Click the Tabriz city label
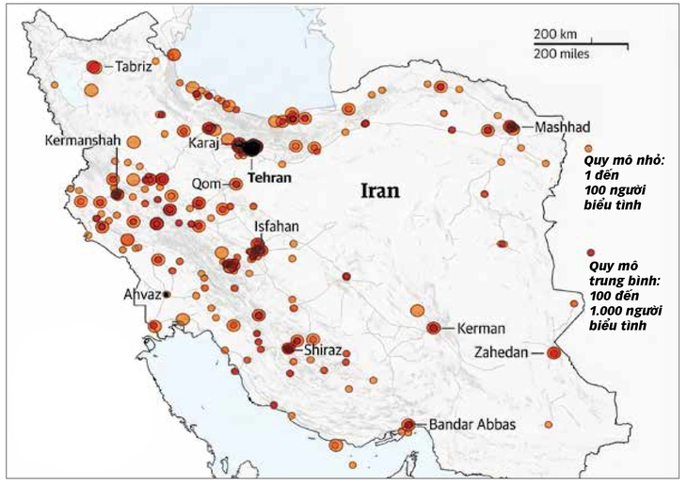[x=134, y=67]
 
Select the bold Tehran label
[x=270, y=177]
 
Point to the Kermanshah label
[x=83, y=140]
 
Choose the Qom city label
[x=205, y=184]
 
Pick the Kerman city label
[x=480, y=329]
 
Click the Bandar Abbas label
[x=471, y=425]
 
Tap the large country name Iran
[x=381, y=190]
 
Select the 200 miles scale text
[x=561, y=54]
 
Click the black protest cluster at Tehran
[x=252, y=146]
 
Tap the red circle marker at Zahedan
[x=553, y=352]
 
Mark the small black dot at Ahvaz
[x=167, y=295]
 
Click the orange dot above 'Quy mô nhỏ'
[x=588, y=149]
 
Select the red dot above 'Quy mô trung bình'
[x=590, y=252]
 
